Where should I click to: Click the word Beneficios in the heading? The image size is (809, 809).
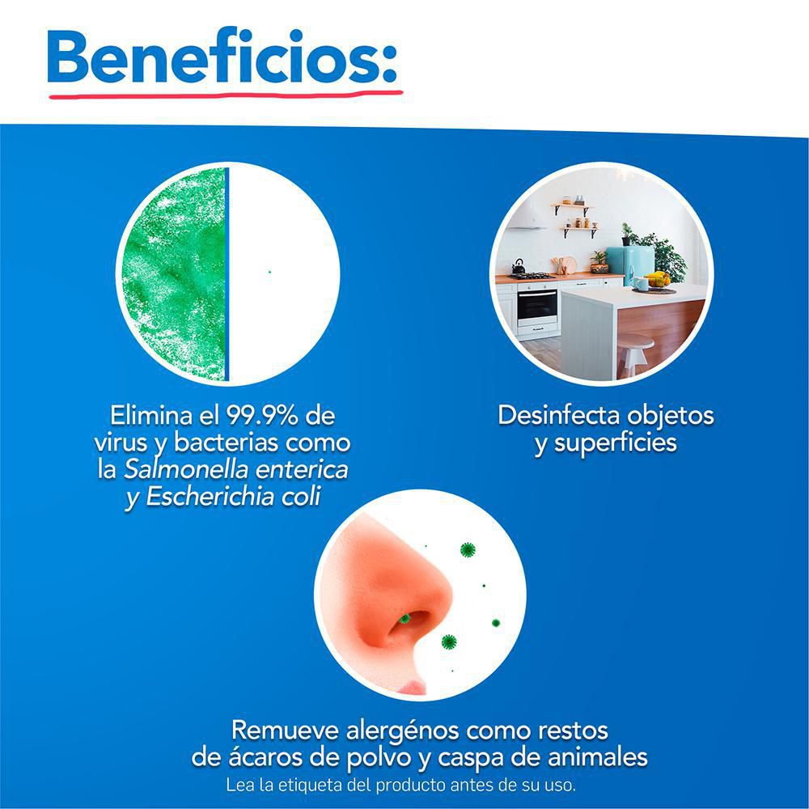(x=218, y=58)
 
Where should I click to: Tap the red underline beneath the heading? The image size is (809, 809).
(x=226, y=95)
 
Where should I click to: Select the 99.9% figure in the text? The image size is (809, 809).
(x=262, y=415)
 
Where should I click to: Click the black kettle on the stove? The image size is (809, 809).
(x=518, y=267)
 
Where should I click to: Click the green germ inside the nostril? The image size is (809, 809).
(x=405, y=618)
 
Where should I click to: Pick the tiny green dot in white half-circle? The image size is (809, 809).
(x=269, y=272)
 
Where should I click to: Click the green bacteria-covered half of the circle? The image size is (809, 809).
(x=173, y=274)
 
